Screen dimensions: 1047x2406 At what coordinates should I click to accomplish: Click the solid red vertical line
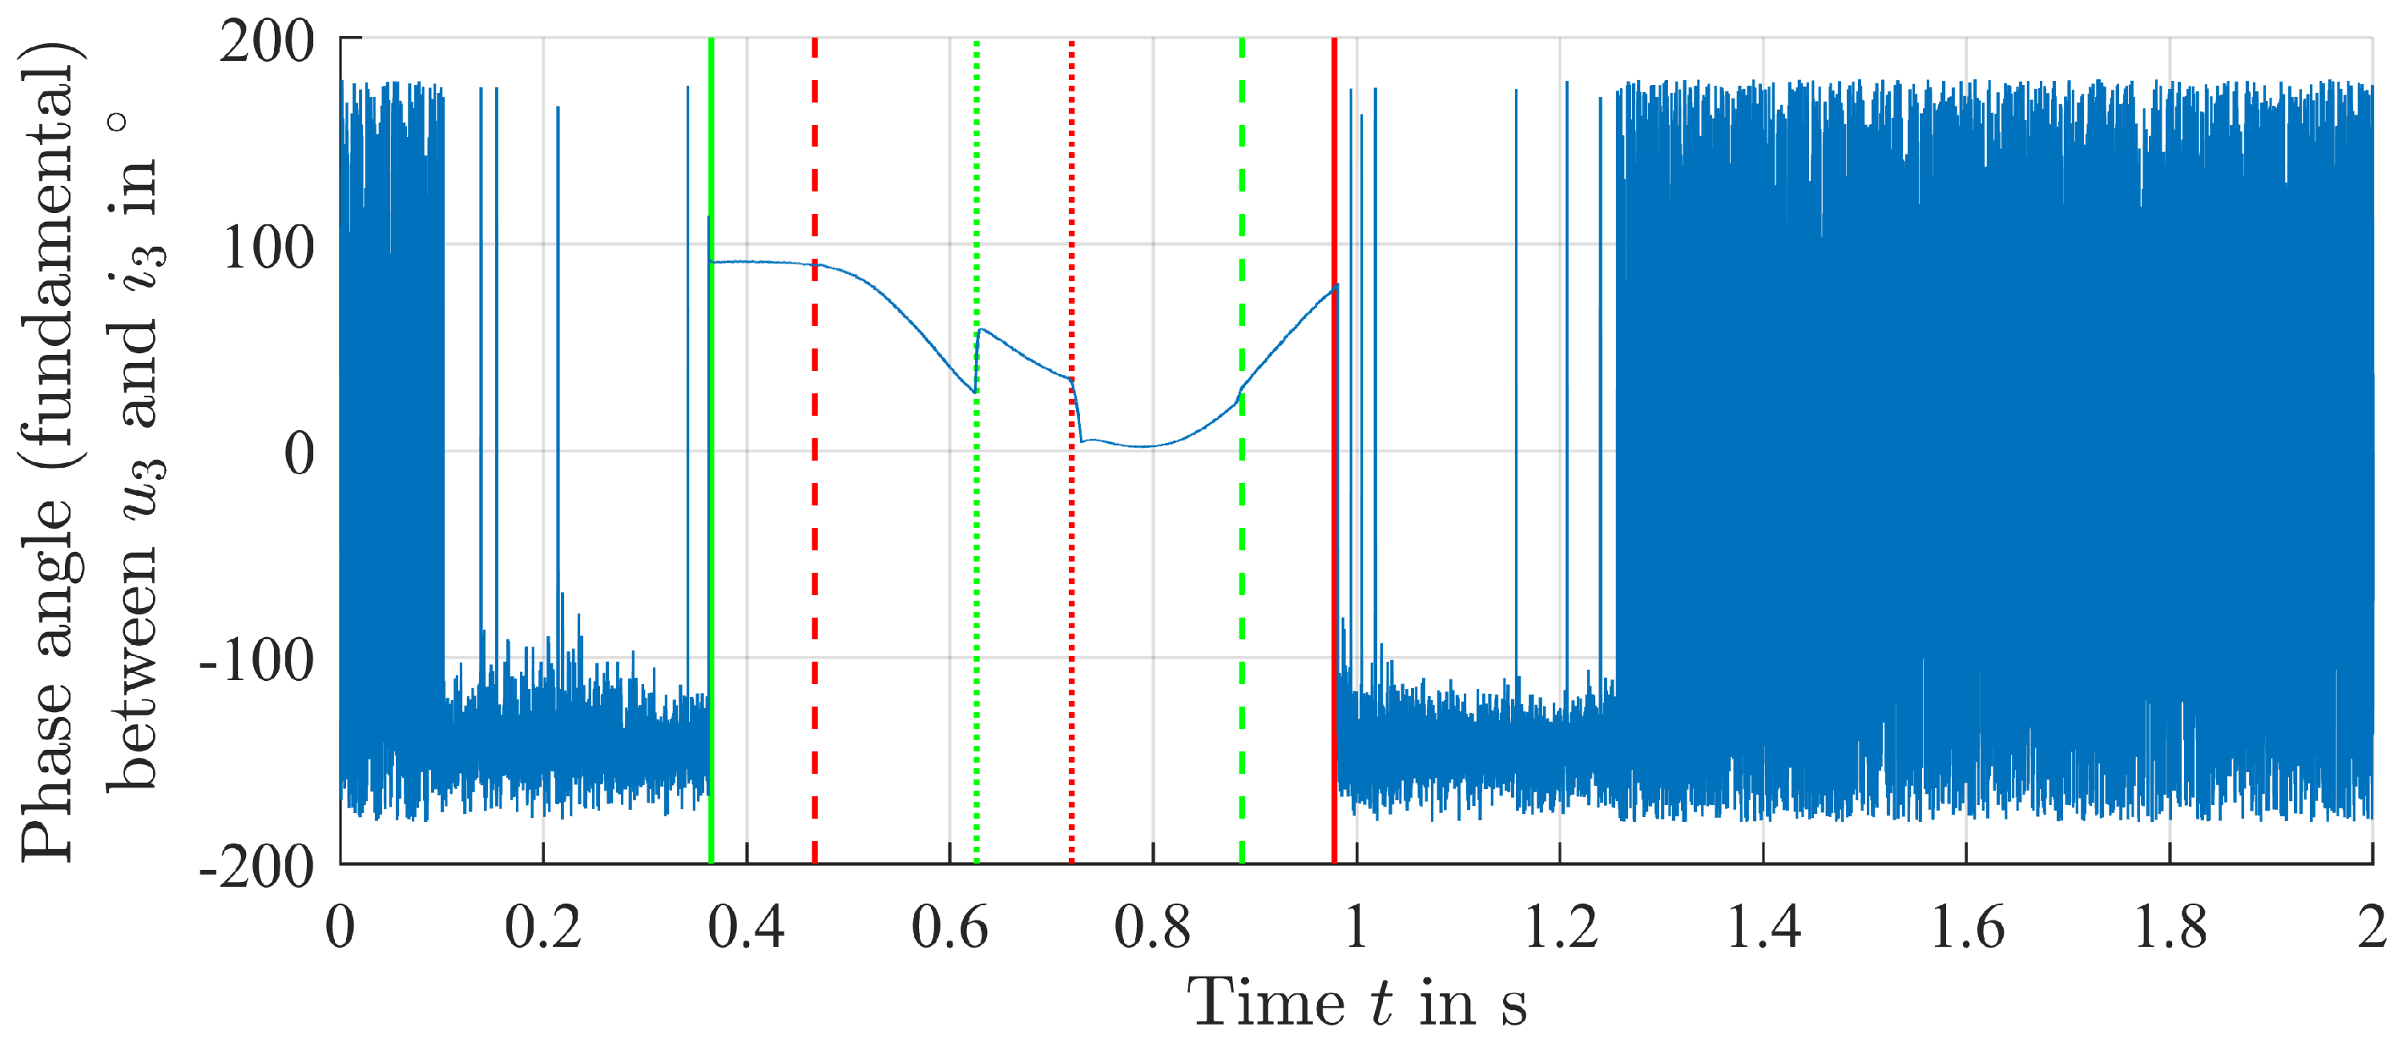pos(1334,561)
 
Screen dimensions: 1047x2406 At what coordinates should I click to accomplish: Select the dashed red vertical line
pos(815,561)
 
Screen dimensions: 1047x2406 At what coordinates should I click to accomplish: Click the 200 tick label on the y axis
pos(267,43)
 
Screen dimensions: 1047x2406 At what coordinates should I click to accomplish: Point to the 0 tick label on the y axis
pos(300,455)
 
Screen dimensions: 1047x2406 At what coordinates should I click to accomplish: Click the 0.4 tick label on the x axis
pos(745,928)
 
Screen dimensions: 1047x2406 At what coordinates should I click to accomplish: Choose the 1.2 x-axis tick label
pos(1559,928)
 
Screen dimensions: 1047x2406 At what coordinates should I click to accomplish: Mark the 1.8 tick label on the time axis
pos(2170,928)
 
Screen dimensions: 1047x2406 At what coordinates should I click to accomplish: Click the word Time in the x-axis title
pos(1266,1003)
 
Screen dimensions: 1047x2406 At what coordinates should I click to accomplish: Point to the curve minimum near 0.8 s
pos(1144,446)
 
